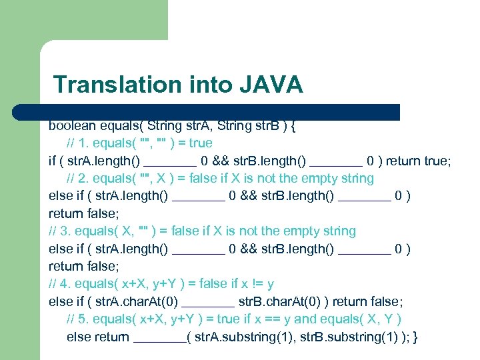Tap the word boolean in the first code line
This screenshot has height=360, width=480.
[72, 125]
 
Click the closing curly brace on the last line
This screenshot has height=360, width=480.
[416, 337]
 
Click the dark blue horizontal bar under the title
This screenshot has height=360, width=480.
[220, 112]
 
